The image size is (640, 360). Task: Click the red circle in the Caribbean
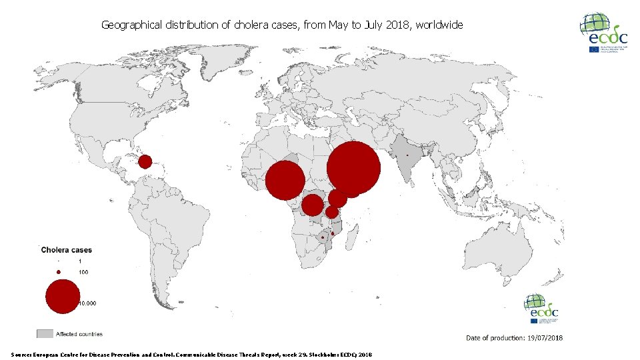tap(145, 161)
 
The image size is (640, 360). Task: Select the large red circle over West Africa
tap(285, 181)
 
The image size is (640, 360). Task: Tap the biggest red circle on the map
tap(354, 169)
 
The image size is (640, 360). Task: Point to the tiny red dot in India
tap(407, 155)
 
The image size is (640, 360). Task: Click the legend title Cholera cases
tap(67, 251)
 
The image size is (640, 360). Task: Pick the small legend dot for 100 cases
tap(59, 272)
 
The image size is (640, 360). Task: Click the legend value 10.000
tap(87, 303)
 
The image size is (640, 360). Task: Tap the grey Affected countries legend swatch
tap(45, 333)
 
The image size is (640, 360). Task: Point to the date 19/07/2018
tap(544, 338)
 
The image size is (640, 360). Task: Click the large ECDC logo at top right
tap(603, 33)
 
